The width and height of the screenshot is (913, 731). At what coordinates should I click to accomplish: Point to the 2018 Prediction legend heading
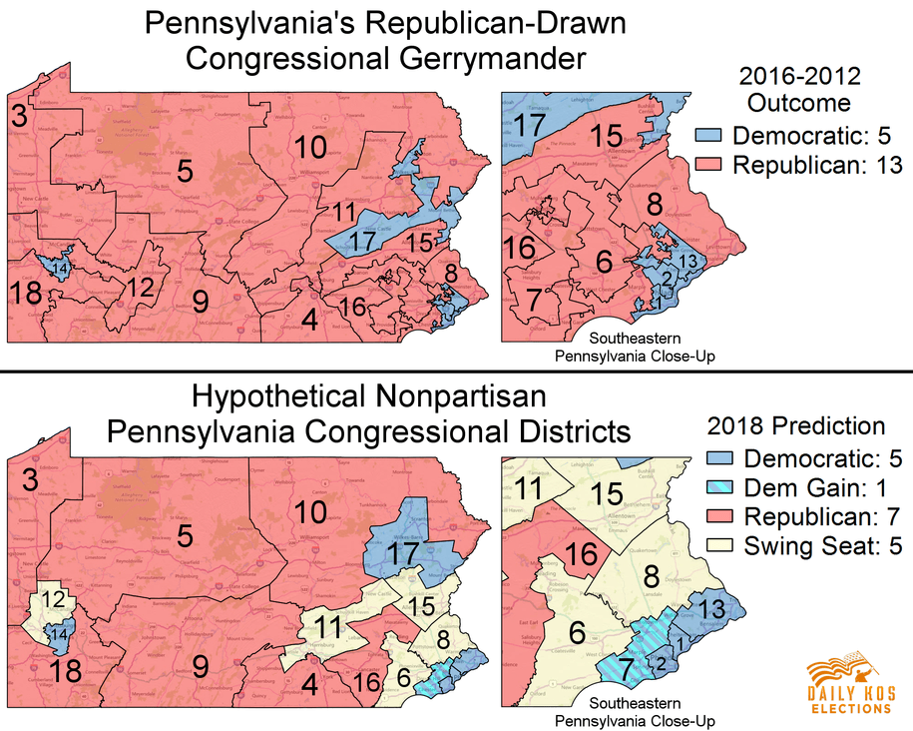click(797, 426)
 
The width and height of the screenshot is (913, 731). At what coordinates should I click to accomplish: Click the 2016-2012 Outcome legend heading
click(799, 89)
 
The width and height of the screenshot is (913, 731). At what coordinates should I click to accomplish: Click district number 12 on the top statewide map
click(140, 287)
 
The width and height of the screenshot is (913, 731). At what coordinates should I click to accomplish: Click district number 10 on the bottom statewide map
click(309, 511)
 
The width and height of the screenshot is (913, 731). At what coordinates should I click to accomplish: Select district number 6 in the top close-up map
click(603, 262)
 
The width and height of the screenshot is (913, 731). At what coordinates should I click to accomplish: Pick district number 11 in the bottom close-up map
click(529, 489)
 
